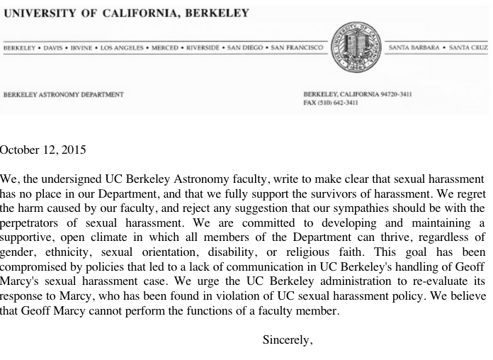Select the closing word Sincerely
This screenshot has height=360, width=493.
pyautogui.click(x=288, y=339)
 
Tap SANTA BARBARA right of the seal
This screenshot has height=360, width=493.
pyautogui.click(x=418, y=47)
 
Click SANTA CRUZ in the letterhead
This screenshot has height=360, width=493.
pyautogui.click(x=470, y=47)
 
